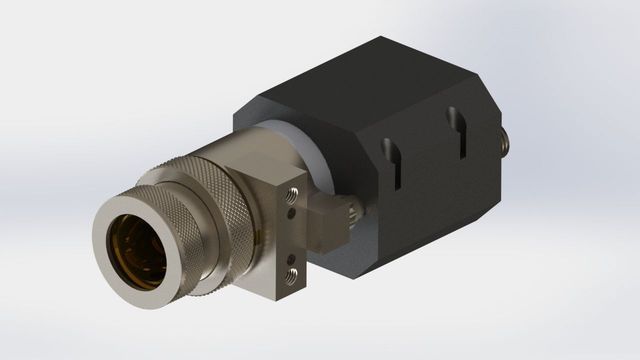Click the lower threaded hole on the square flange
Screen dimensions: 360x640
tap(291, 272)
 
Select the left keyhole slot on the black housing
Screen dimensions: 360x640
tap(393, 161)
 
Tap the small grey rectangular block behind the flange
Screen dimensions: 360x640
tap(325, 216)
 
